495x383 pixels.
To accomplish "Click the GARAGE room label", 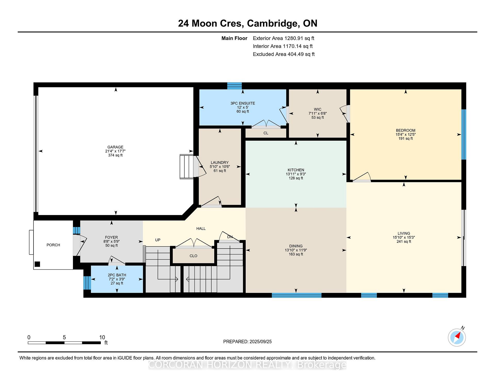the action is pos(115,147).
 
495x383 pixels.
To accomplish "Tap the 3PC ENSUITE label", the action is pos(243,103).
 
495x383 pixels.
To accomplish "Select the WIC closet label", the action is pos(318,109).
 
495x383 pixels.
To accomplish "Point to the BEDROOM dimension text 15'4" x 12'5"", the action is pos(406,134).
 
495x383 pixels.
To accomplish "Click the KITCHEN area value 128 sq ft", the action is pos(296,178).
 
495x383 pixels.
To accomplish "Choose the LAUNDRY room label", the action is pos(220,163).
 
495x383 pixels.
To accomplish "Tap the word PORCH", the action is pos(53,245).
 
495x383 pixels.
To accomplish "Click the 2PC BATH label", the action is pos(117,275).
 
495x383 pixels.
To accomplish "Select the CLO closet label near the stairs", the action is pos(193,256).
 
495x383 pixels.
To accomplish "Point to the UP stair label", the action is pos(158,240).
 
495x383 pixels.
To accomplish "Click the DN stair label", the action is pos(230,237).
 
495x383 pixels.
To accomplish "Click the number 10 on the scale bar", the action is pos(102,337).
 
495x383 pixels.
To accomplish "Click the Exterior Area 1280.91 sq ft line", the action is pos(284,38).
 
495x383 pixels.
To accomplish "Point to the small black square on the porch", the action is pos(37,264).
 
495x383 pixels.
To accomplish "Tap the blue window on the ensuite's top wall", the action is pos(234,86).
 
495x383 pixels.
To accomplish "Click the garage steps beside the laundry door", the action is pos(187,166).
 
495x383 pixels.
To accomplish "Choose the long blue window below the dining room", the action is pos(296,295).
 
